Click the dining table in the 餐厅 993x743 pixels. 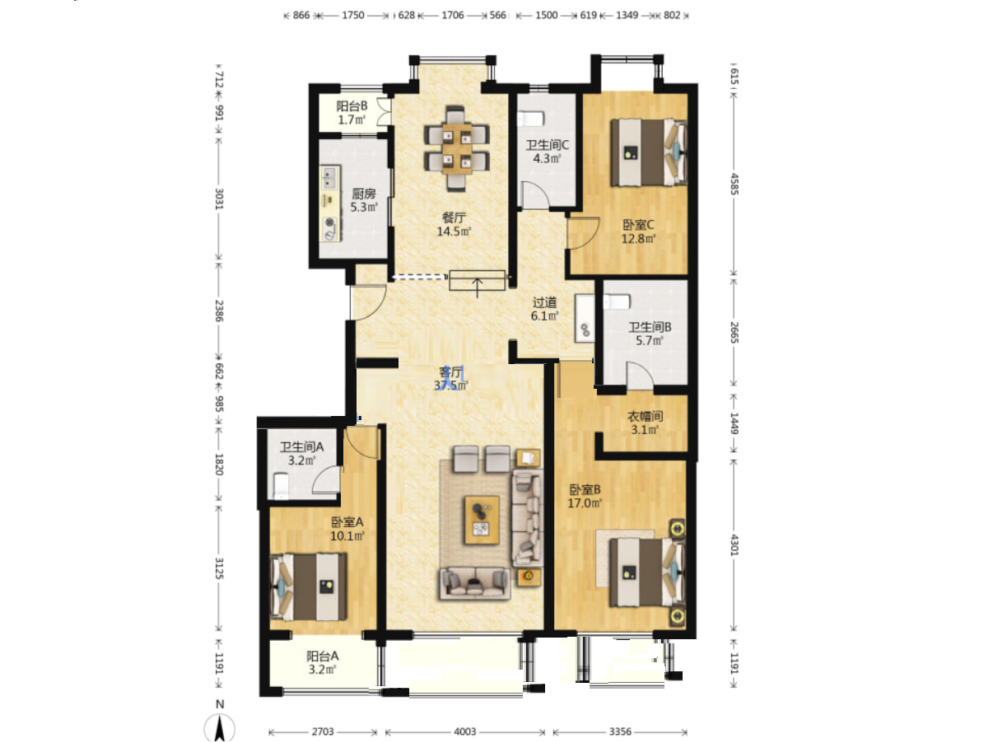point(456,149)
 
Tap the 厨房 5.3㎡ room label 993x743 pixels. point(364,200)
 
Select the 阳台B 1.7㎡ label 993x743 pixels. point(352,113)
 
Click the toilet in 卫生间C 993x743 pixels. point(530,119)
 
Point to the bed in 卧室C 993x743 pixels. point(648,152)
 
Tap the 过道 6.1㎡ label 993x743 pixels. point(544,309)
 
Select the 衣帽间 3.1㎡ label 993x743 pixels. point(645,423)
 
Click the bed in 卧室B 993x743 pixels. point(647,572)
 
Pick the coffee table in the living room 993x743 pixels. point(482,520)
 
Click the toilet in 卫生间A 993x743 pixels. point(281,485)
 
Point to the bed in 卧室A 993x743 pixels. point(309,586)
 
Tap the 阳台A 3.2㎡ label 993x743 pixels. point(322,662)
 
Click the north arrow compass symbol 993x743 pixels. point(219,727)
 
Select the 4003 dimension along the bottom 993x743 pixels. point(465,731)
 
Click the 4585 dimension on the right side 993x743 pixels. point(734,184)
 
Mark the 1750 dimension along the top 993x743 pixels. point(353,16)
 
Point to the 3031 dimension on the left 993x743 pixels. point(219,199)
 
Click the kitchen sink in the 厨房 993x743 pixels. point(329,177)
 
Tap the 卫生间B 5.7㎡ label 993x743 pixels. point(650,334)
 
